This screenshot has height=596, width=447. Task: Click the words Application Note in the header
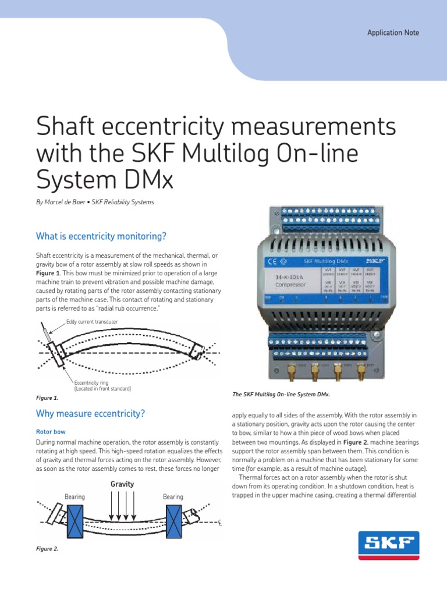(393, 33)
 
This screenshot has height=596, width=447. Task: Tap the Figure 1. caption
(47, 398)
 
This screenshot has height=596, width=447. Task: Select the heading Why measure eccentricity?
(90, 414)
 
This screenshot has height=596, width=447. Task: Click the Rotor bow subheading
(51, 432)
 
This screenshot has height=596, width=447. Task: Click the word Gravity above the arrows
(122, 484)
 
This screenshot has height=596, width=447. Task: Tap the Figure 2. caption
(47, 548)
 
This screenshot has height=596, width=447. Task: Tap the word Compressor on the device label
(292, 286)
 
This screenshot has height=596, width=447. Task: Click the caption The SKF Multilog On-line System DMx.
(281, 395)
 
